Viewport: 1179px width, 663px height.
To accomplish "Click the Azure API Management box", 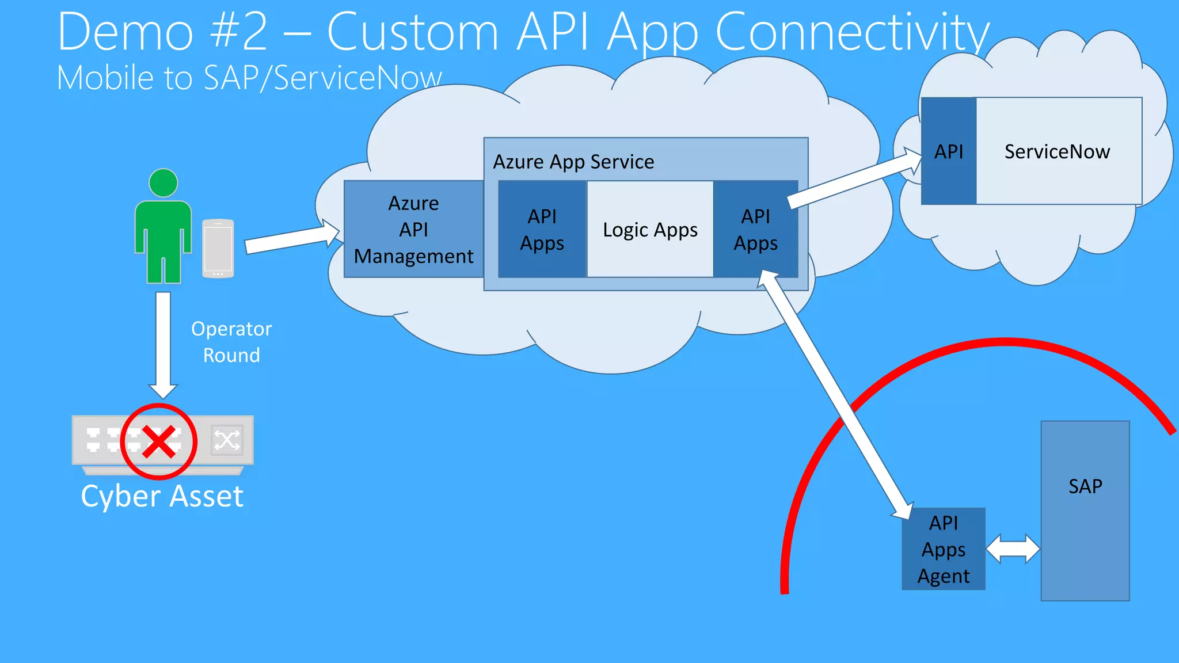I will click(413, 229).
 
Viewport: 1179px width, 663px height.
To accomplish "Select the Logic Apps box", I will click(650, 230).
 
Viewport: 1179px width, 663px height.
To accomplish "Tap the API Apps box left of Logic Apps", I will click(542, 230).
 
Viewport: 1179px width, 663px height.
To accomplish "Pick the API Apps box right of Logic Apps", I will click(755, 230).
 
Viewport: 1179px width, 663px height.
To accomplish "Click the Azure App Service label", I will click(573, 162).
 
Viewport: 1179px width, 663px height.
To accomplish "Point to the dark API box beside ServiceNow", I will click(948, 151).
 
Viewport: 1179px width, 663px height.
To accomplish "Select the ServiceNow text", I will click(1057, 151).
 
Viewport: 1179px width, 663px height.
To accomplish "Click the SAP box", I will click(1085, 510).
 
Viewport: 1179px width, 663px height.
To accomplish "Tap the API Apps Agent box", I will click(943, 549).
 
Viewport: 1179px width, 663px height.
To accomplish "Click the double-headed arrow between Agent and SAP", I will click(1013, 549).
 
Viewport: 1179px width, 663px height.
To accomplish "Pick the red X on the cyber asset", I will click(159, 442).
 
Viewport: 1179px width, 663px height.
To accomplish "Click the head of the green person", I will click(163, 183).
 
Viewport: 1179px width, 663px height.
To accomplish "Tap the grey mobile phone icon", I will click(218, 249).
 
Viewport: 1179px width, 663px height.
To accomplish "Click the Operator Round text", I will click(231, 342).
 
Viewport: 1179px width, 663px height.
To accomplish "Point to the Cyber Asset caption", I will click(162, 496).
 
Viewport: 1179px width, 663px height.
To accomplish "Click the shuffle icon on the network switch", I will click(227, 441).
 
